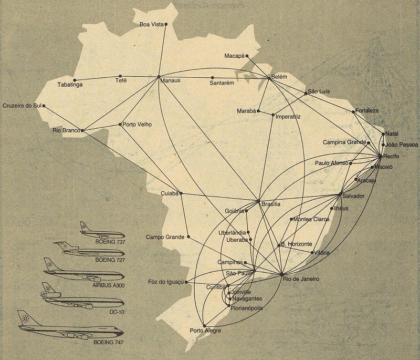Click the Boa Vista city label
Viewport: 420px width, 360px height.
(151, 24)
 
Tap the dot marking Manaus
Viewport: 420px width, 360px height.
(159, 77)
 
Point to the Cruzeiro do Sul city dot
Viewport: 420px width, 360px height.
(44, 106)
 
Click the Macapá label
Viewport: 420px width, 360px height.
(234, 55)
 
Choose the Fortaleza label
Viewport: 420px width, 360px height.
(367, 111)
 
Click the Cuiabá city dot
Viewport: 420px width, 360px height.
(181, 193)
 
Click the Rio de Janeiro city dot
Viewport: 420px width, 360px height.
(282, 274)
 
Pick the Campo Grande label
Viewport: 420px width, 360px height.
(165, 237)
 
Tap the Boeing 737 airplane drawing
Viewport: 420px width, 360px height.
(103, 231)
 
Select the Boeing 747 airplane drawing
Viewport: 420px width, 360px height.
(70, 329)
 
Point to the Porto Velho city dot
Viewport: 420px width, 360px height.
(120, 125)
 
